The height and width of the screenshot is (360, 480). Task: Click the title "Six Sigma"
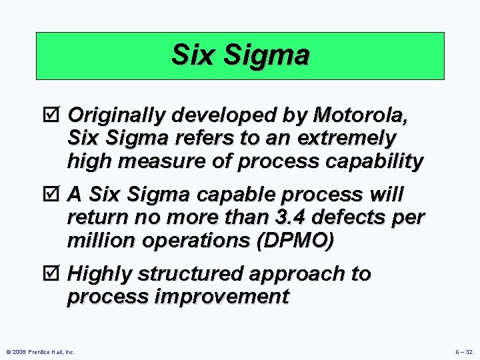(240, 55)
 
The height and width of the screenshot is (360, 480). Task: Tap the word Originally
(117, 116)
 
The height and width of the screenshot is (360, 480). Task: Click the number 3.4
(274, 217)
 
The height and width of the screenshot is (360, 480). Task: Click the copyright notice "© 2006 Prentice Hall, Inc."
(40, 351)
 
